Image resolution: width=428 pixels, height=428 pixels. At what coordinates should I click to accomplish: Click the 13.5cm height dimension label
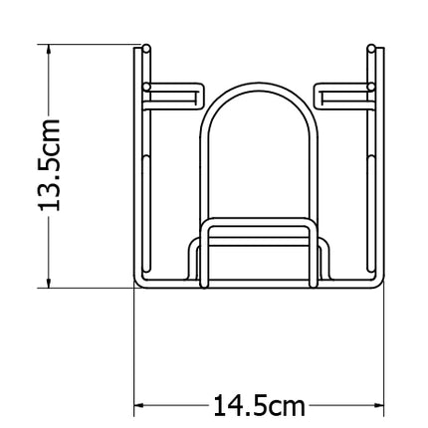click(49, 164)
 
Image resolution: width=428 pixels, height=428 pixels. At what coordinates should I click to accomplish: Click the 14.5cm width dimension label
click(259, 405)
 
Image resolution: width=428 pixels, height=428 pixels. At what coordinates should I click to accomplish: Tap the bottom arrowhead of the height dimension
click(49, 283)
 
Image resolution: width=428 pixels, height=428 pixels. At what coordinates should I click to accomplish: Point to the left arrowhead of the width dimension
click(138, 405)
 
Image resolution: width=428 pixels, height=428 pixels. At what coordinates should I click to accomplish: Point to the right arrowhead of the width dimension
click(379, 405)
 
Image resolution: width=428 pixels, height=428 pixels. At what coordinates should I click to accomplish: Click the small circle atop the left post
click(146, 48)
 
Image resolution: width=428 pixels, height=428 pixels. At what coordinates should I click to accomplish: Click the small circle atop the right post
click(371, 48)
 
